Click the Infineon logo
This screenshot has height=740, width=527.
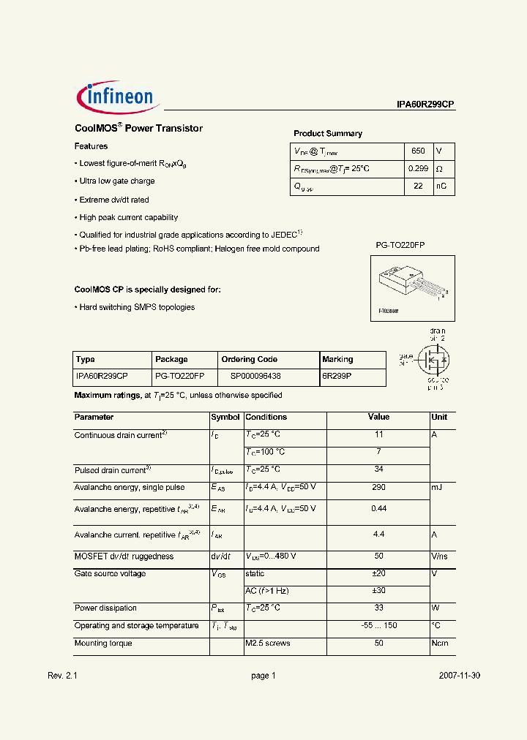[115, 98]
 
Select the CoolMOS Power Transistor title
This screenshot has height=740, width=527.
[138, 128]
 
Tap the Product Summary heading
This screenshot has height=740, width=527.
[328, 134]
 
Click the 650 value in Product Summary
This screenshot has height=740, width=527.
[417, 151]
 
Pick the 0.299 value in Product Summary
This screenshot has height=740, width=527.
[418, 169]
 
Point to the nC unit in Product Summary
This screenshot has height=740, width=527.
[441, 186]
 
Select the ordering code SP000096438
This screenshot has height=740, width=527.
[255, 376]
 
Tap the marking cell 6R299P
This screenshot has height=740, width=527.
[337, 376]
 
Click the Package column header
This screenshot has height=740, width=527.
[171, 359]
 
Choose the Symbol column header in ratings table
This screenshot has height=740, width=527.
[225, 417]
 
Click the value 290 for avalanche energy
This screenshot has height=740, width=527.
[378, 487]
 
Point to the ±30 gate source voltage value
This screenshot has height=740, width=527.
[378, 591]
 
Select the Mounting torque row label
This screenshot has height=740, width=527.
[103, 643]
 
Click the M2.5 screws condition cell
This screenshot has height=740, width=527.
[268, 643]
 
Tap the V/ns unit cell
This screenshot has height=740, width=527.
[440, 556]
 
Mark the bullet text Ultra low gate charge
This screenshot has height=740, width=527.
[117, 181]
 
